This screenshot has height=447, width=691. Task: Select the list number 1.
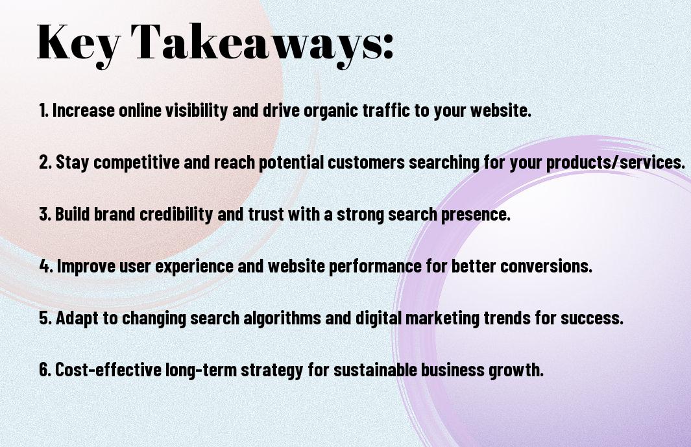click(x=43, y=110)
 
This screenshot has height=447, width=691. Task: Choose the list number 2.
click(x=45, y=162)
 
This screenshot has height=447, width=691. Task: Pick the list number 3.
click(x=45, y=214)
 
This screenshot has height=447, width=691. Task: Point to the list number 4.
click(x=46, y=266)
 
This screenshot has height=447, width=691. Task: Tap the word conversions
click(x=546, y=266)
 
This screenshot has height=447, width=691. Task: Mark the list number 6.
click(x=45, y=370)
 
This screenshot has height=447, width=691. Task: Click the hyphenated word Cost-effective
click(x=108, y=369)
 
